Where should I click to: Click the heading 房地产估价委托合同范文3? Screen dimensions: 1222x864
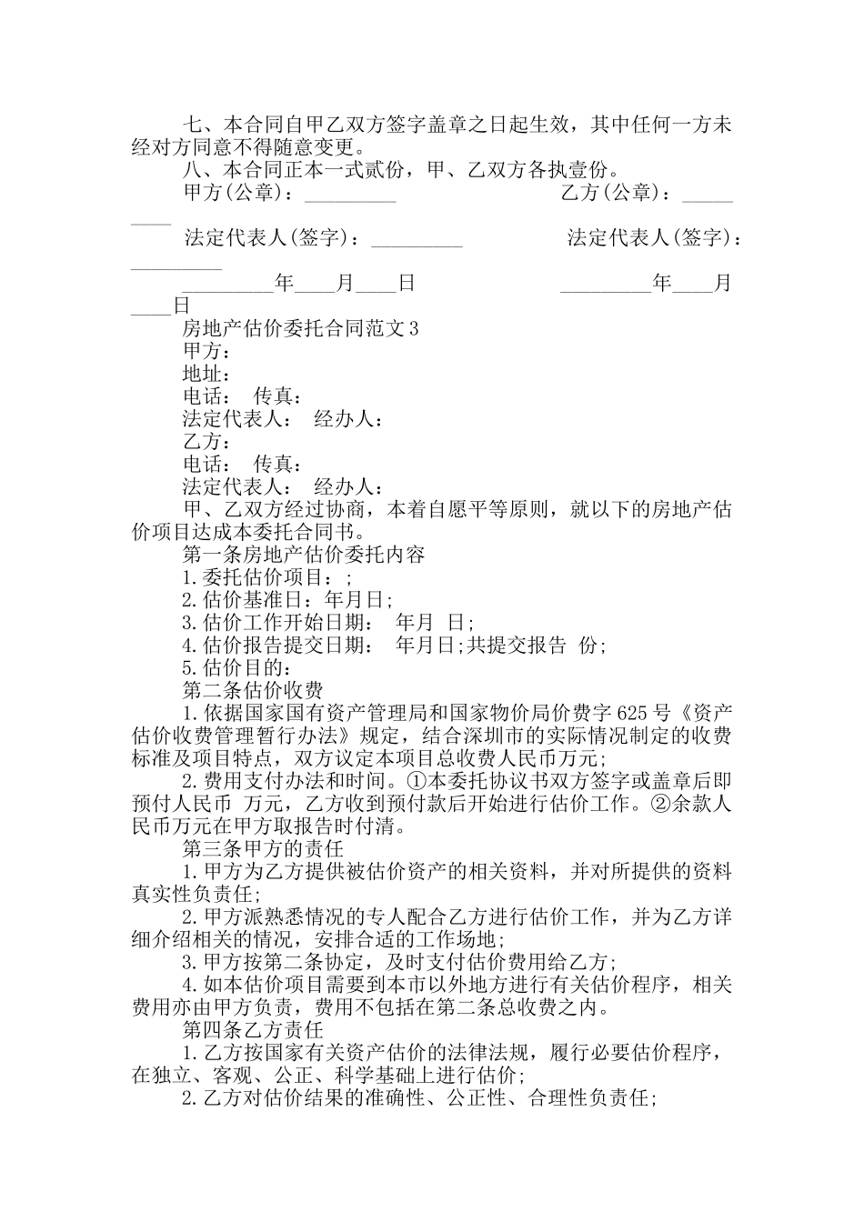point(301,328)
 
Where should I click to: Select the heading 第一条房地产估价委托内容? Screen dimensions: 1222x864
point(304,555)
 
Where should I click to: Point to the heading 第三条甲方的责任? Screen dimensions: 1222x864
point(263,849)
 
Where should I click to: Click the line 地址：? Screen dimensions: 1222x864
point(206,374)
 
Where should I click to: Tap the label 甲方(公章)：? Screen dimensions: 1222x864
point(239,193)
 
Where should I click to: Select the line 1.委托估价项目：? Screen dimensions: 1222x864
point(266,577)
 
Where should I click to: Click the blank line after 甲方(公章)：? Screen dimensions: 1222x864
point(349,195)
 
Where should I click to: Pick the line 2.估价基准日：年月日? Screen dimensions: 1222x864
point(287,600)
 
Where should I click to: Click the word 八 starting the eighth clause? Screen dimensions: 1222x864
point(192,170)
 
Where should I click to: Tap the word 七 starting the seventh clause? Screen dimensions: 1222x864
point(192,125)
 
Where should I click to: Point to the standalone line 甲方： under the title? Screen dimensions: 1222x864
point(206,351)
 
